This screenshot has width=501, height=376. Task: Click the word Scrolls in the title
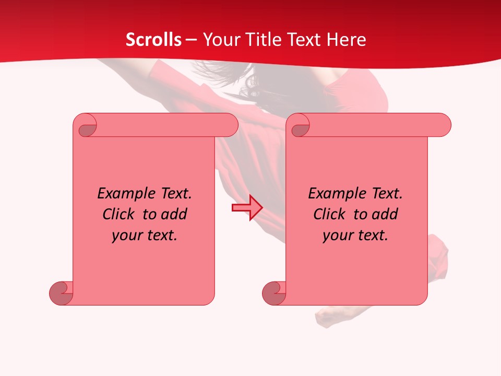point(153,40)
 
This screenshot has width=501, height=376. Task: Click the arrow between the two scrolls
point(247,207)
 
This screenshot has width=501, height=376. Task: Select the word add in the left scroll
point(174,214)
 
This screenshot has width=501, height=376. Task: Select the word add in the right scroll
point(385,214)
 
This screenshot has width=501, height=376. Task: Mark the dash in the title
point(192,40)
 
